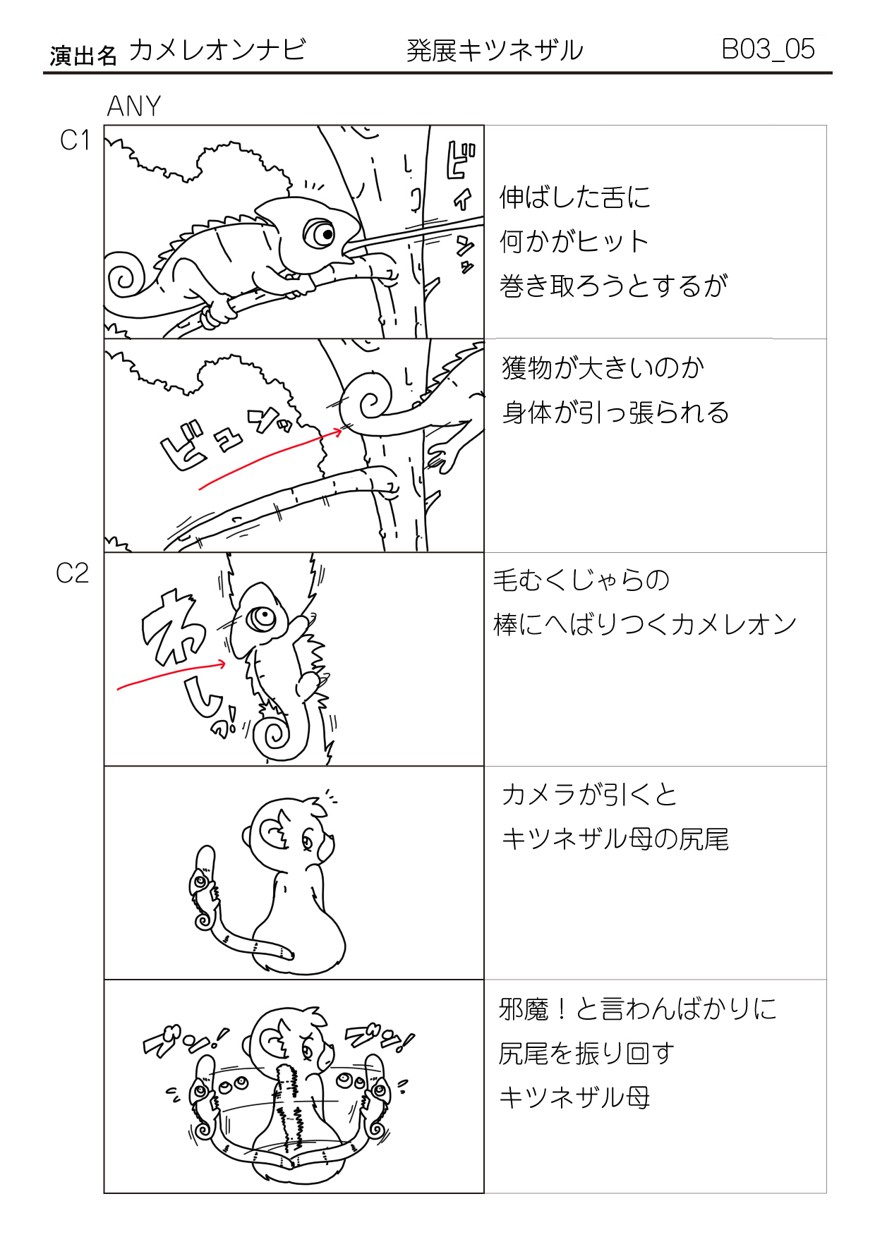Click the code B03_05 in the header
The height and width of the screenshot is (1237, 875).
pyautogui.click(x=768, y=49)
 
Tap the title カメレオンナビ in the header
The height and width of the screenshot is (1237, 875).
pyautogui.click(x=217, y=50)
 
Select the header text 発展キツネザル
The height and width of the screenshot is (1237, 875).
pyautogui.click(x=495, y=51)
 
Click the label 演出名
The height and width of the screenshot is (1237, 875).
pyautogui.click(x=83, y=56)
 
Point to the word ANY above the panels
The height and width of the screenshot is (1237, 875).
pyautogui.click(x=134, y=106)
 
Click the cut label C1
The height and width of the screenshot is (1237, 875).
pyautogui.click(x=75, y=140)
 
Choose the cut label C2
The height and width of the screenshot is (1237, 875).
pyautogui.click(x=73, y=573)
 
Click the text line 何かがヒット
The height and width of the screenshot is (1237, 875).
pyautogui.click(x=574, y=242)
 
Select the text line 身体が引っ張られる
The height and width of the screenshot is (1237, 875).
pyautogui.click(x=615, y=413)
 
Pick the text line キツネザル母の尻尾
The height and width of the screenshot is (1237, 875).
pyautogui.click(x=615, y=839)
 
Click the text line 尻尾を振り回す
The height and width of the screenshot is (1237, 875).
pyautogui.click(x=586, y=1054)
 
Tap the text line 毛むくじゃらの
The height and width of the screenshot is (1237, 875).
pyautogui.click(x=581, y=580)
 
